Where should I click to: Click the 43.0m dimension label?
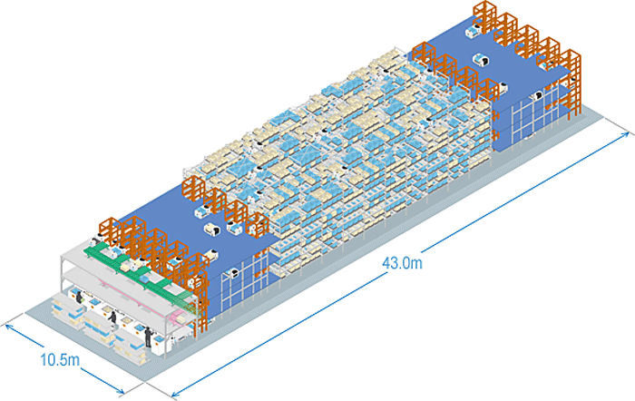(x=402, y=263)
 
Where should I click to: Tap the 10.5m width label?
(x=60, y=359)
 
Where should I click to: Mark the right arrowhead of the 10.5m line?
(x=120, y=390)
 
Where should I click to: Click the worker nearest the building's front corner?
(x=149, y=337)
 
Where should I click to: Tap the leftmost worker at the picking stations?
(x=79, y=298)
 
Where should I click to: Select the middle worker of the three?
(x=112, y=317)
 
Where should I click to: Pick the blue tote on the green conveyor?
(x=145, y=278)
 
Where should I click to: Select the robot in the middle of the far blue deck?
(x=481, y=60)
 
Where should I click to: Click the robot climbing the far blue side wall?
(x=538, y=95)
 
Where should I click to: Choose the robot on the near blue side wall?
(x=234, y=273)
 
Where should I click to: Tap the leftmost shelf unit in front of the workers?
(x=63, y=310)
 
